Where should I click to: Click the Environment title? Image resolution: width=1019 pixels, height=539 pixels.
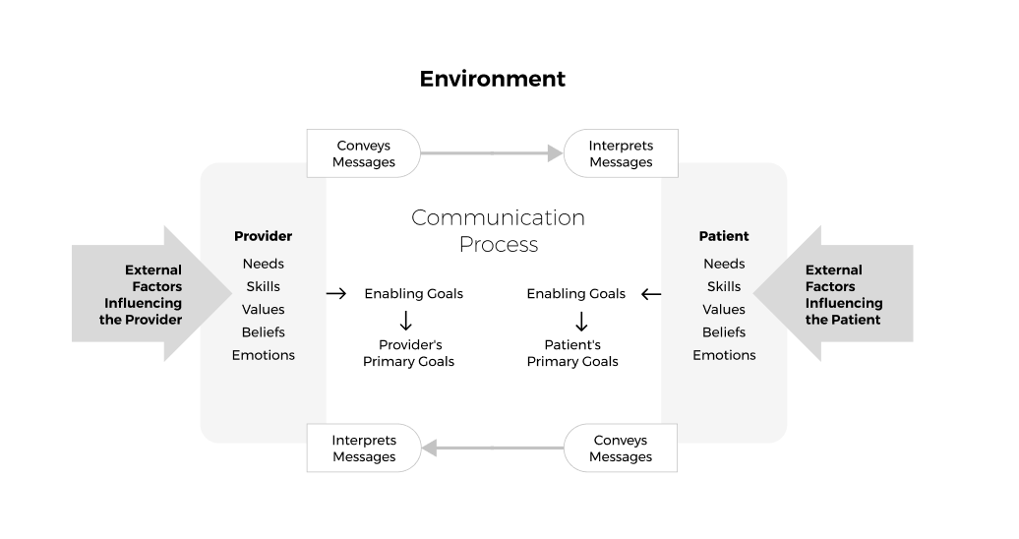pos(492,79)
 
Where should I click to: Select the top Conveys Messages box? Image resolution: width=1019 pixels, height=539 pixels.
pos(363,153)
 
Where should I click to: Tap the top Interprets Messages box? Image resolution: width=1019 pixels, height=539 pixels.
pos(621,153)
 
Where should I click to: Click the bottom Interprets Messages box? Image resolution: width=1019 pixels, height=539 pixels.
pos(363,449)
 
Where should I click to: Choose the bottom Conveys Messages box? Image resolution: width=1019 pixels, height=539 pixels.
pos(621,449)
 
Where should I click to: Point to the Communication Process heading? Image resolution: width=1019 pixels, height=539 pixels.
pos(498,231)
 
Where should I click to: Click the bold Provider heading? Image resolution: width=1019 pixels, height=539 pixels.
pos(263,236)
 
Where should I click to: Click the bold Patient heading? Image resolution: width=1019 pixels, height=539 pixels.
pos(724,236)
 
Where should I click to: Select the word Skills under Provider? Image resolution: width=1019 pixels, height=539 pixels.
pos(263,286)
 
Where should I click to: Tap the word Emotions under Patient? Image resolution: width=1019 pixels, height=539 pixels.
pos(724,355)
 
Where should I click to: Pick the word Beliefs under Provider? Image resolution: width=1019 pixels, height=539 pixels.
pos(263,332)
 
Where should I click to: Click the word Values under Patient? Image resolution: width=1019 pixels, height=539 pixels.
pos(724,309)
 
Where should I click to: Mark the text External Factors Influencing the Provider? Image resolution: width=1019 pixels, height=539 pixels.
pos(140,294)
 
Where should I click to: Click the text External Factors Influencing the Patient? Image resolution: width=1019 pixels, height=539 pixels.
pos(843,294)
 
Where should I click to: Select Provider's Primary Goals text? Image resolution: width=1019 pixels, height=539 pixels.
pos(409,353)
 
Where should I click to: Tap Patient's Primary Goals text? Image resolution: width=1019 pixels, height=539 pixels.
pos(572,353)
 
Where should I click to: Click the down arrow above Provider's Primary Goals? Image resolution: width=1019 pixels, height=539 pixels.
pos(405,321)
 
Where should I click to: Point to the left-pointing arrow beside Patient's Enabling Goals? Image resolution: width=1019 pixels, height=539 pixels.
pos(651,293)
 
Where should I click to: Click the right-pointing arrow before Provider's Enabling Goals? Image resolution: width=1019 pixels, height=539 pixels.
pos(336,293)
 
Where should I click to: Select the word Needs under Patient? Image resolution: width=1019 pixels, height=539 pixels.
pos(724,264)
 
